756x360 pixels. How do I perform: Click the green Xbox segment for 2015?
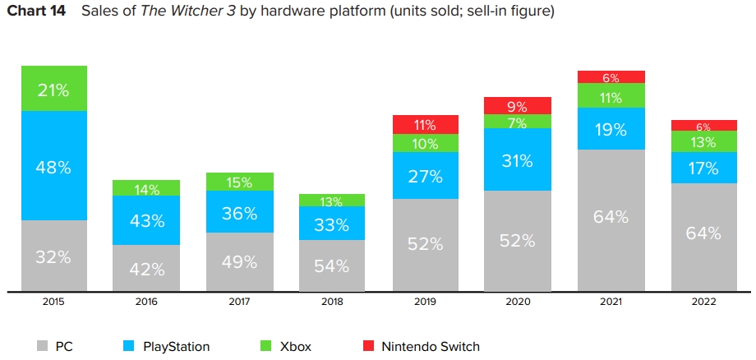tap(54, 88)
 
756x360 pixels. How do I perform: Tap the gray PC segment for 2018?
tap(333, 265)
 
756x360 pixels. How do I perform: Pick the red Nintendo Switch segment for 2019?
tap(426, 124)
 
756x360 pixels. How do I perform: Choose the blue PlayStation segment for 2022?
tap(704, 168)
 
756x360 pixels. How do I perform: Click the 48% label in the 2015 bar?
tap(54, 167)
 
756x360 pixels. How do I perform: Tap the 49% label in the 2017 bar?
tap(240, 262)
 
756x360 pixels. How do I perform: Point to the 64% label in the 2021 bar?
tap(611, 217)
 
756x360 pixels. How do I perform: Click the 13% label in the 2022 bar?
tap(704, 141)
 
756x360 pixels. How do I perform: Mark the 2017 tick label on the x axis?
tap(240, 302)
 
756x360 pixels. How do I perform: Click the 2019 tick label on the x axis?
tap(426, 302)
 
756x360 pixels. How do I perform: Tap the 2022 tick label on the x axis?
tap(704, 302)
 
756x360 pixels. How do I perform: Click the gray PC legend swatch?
tap(43, 346)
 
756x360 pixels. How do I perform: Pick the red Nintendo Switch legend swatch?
tap(368, 346)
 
